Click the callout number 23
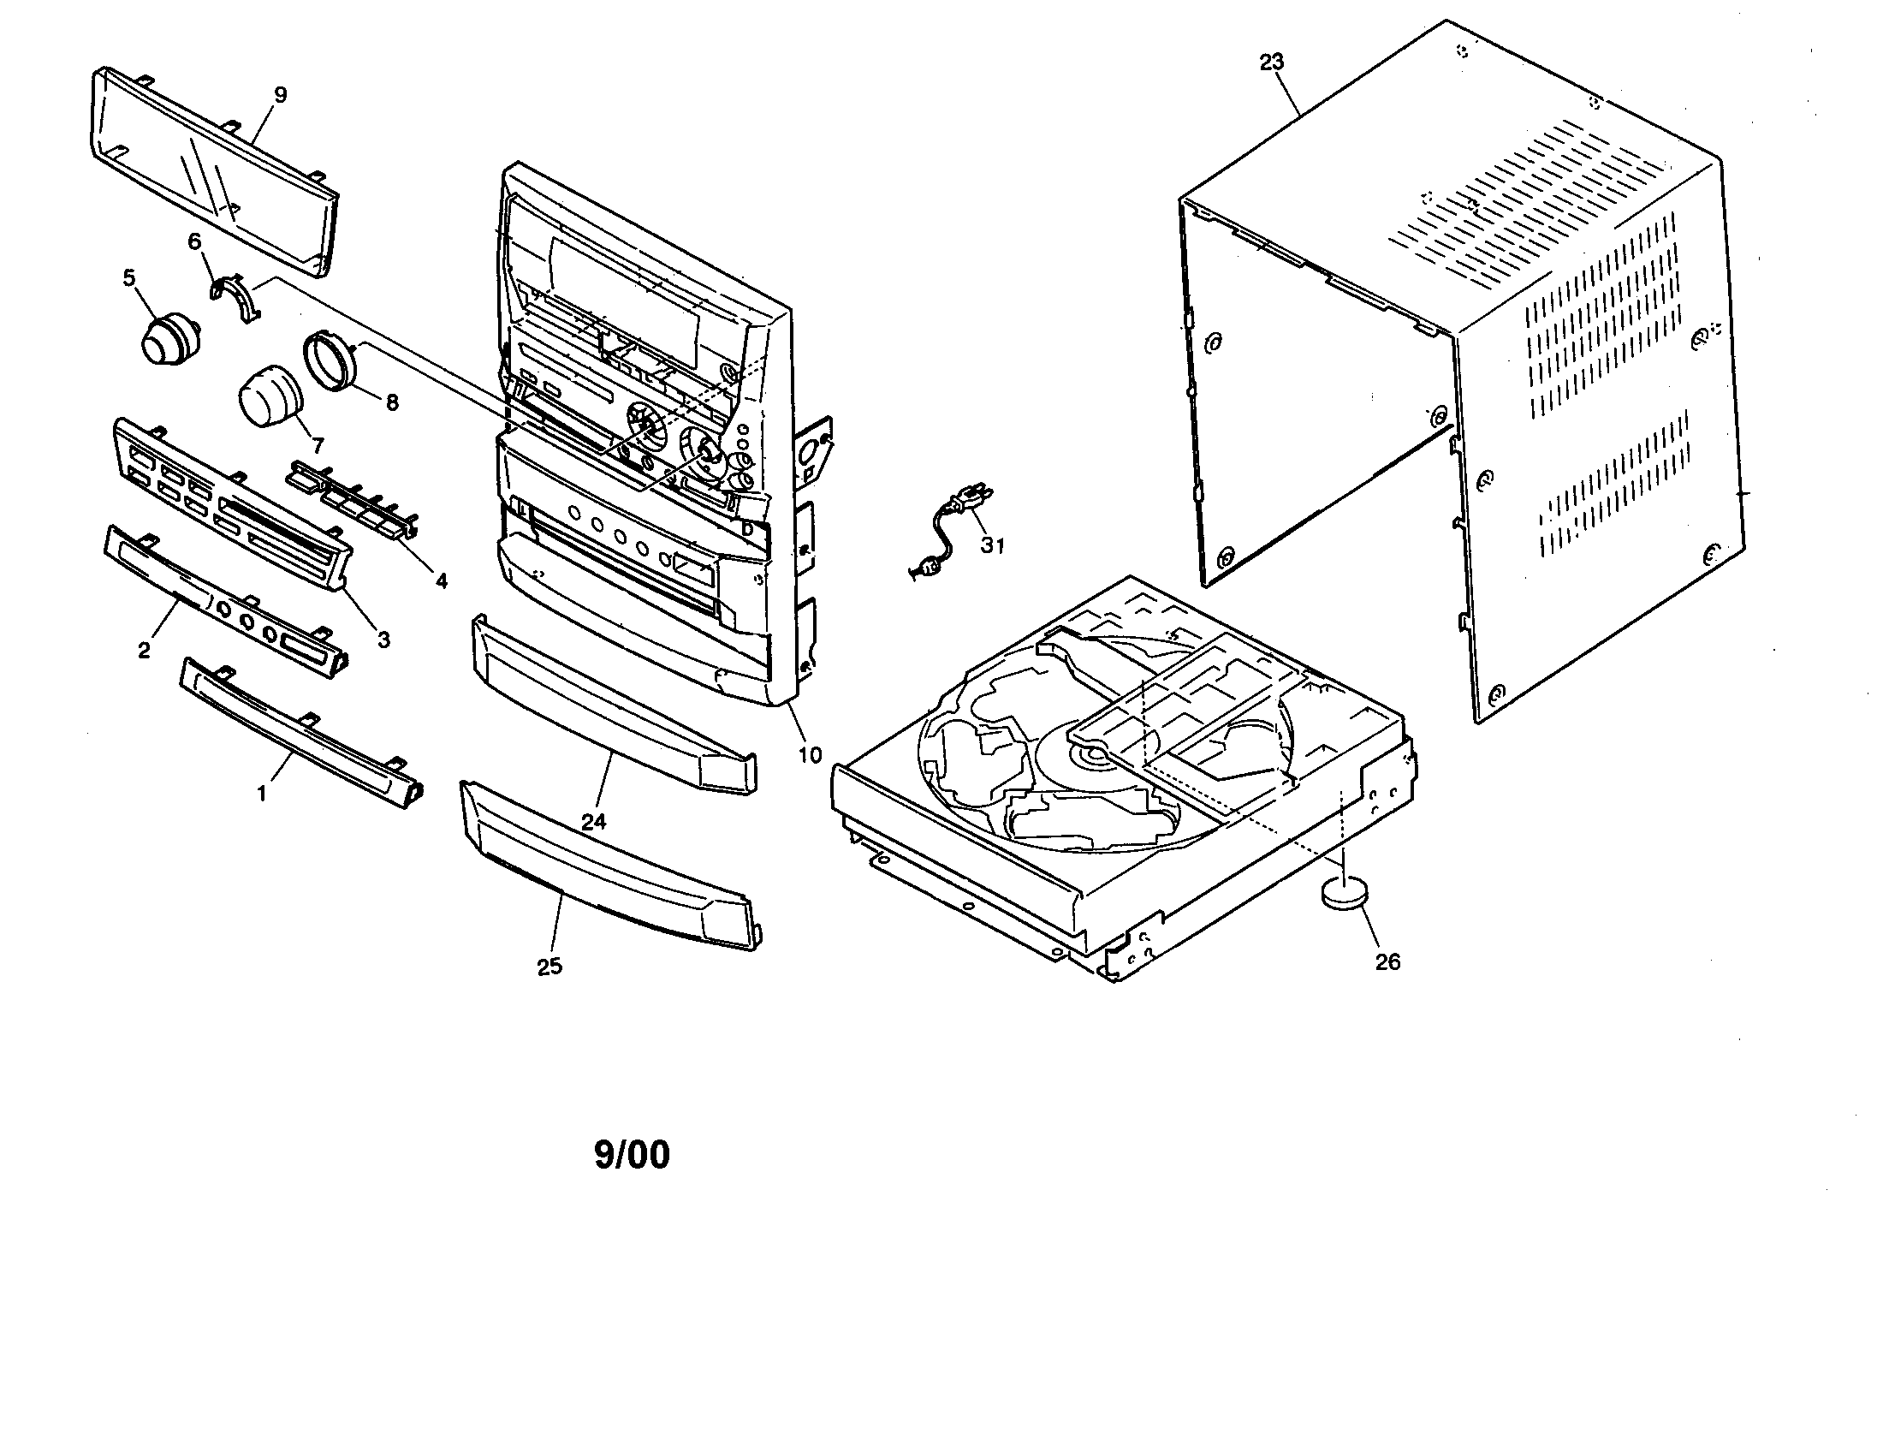[1271, 62]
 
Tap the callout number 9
[280, 95]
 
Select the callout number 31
[992, 545]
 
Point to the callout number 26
[1387, 961]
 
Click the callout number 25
[549, 967]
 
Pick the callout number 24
[593, 822]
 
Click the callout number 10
[809, 755]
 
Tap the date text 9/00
[631, 1156]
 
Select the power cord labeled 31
[948, 530]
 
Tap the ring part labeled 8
[330, 360]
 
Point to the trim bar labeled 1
[302, 733]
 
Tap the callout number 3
[383, 639]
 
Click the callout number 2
[144, 650]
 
